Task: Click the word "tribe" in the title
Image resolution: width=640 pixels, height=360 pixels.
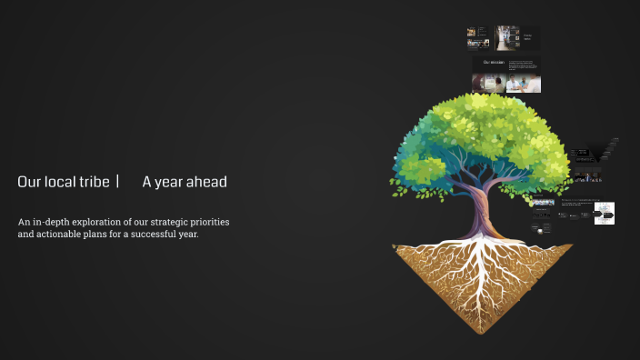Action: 96,182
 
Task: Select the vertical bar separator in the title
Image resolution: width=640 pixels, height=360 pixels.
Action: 118,182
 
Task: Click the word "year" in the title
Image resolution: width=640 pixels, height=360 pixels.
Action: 169,183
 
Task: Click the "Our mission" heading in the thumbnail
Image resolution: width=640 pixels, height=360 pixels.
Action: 494,62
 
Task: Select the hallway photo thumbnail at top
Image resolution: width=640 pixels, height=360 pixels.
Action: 506,36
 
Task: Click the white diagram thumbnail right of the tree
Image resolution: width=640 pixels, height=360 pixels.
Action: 605,214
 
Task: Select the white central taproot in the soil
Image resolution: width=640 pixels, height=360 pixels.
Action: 483,273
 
